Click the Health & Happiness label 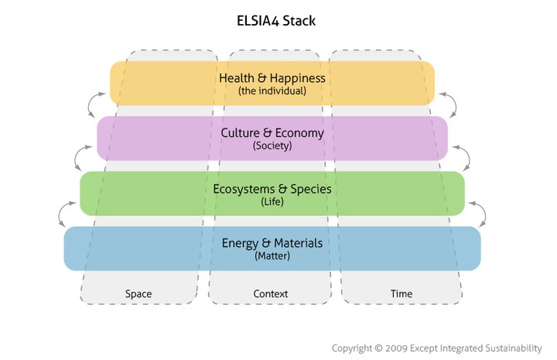tap(272, 78)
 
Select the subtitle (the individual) tap(272, 91)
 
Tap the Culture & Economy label tap(272, 133)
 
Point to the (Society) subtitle tap(272, 146)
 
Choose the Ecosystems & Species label tap(272, 188)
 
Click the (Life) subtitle tap(272, 201)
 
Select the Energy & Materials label tap(272, 243)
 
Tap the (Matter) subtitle tap(272, 255)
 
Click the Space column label tap(138, 293)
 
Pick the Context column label tap(271, 293)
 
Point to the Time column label tap(402, 293)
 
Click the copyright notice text tap(437, 348)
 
